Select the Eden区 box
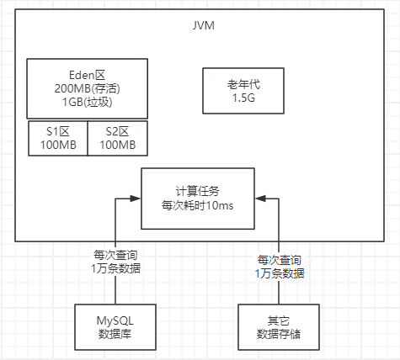click(x=88, y=88)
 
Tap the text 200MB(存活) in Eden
click(x=88, y=88)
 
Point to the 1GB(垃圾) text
click(x=88, y=103)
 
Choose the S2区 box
click(x=118, y=139)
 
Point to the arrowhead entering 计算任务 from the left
click(x=135, y=199)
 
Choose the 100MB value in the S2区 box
click(x=118, y=146)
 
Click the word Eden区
click(x=88, y=73)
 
